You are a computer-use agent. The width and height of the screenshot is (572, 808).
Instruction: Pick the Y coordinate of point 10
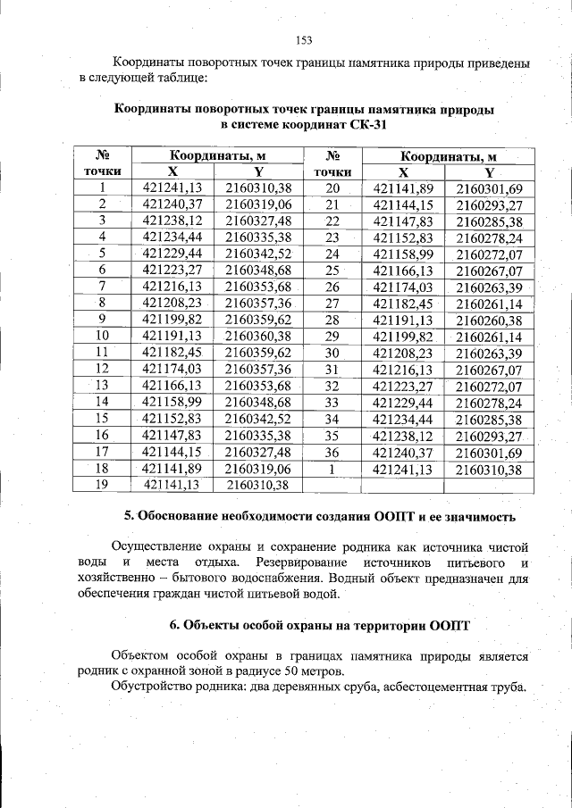point(258,336)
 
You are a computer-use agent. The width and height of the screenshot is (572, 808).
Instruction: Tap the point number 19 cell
point(103,484)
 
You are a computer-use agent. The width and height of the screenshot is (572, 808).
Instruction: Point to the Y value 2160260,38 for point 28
point(488,320)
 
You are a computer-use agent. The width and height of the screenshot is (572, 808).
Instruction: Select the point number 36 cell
point(332,452)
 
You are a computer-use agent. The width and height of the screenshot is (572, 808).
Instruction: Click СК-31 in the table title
point(366,125)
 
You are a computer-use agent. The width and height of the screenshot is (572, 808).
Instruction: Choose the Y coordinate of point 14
point(258,402)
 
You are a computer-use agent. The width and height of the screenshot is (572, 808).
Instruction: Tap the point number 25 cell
point(332,270)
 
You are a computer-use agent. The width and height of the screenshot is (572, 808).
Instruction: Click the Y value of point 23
point(488,237)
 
